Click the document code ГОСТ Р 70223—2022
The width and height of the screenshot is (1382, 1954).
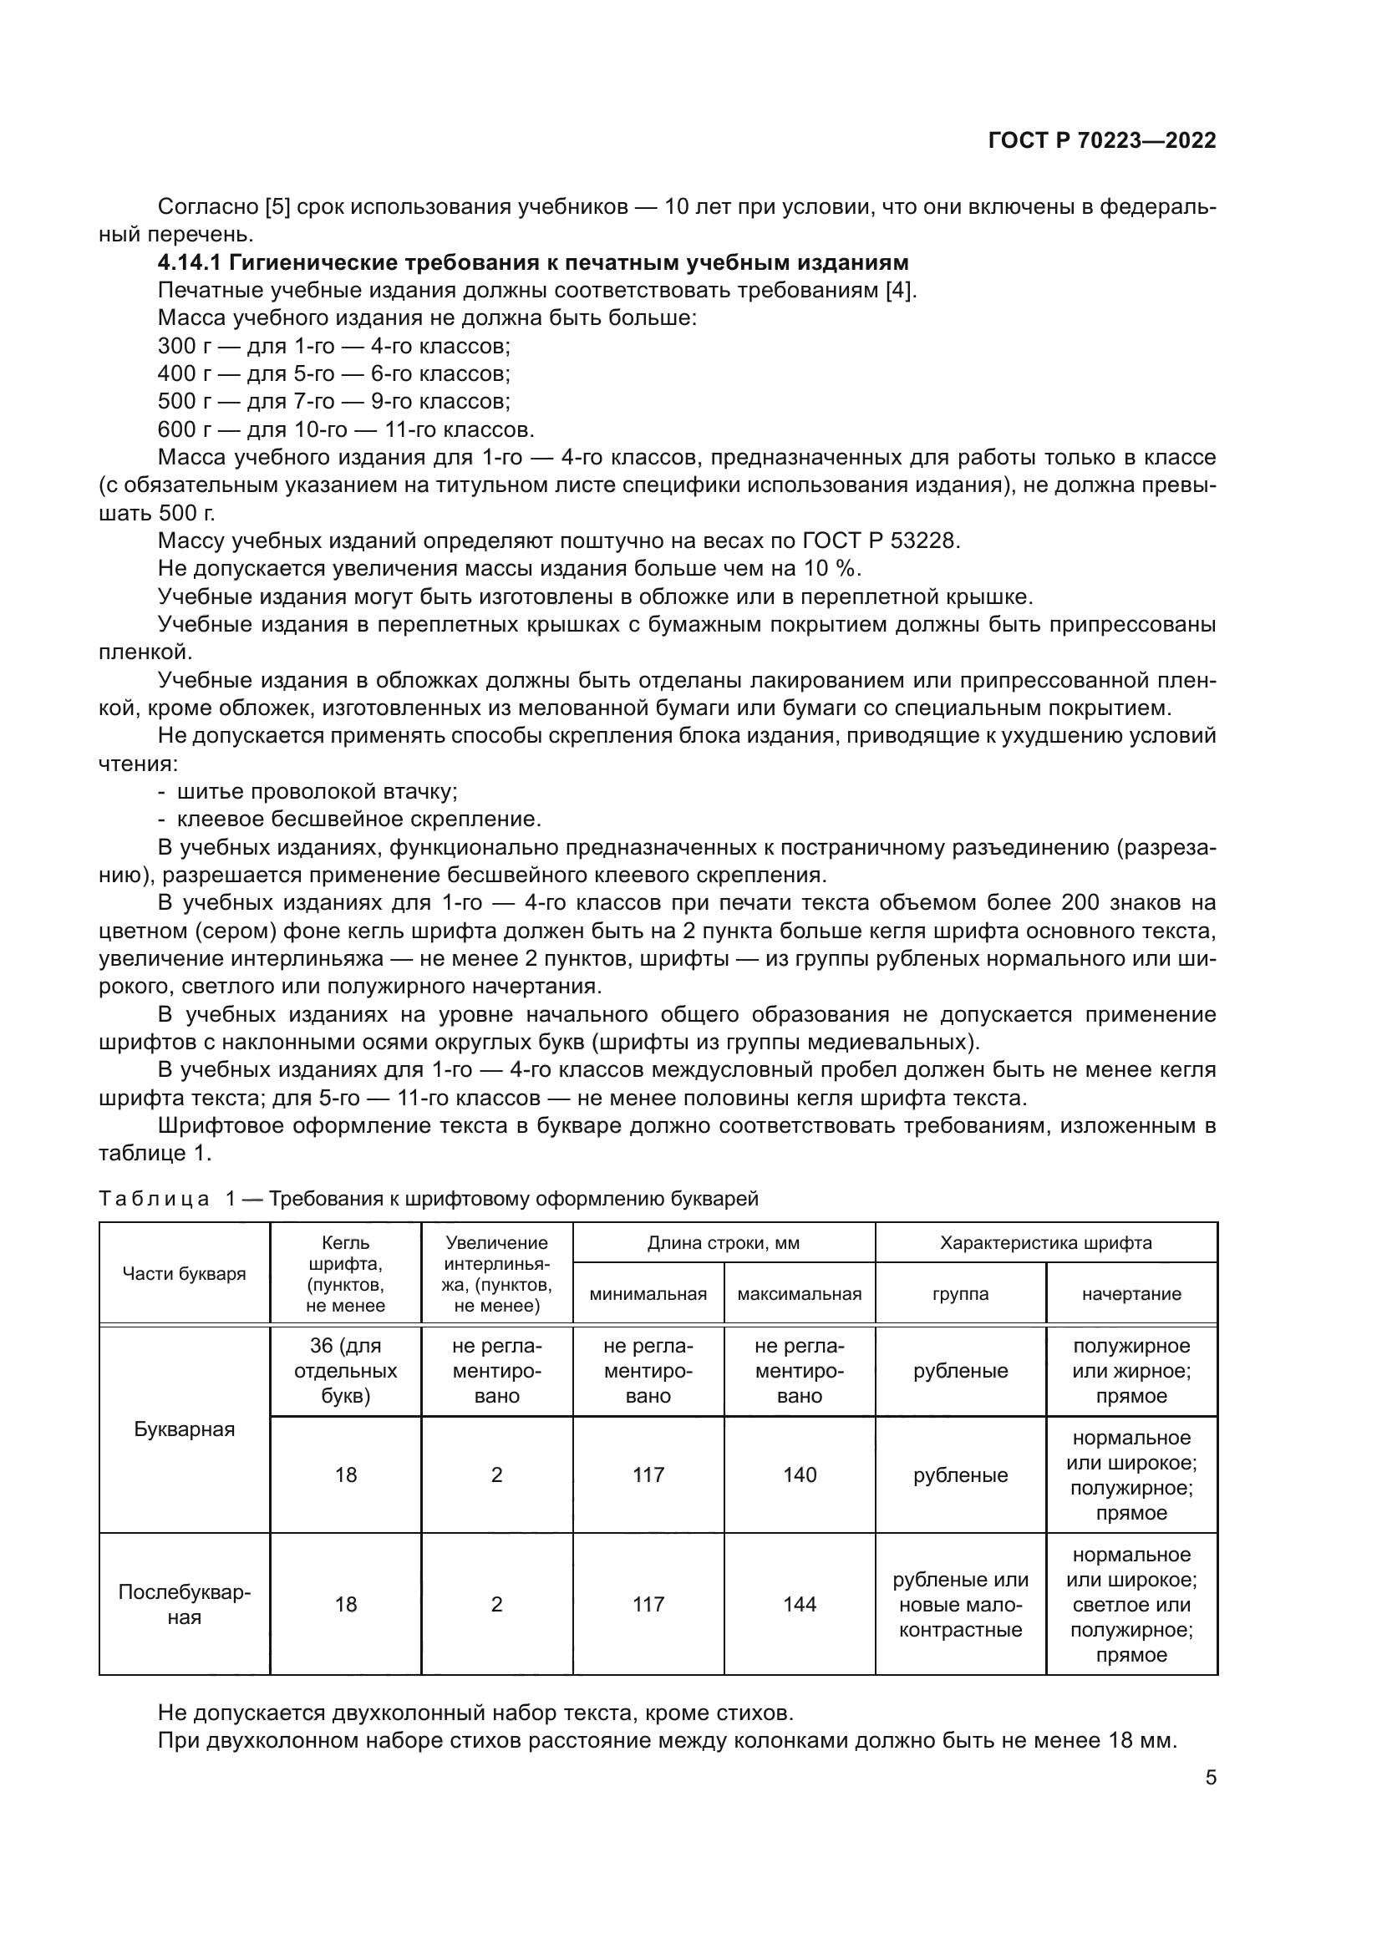[1101, 141]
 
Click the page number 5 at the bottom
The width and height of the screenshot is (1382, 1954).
[1210, 1777]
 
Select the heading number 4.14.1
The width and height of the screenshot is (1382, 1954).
[189, 262]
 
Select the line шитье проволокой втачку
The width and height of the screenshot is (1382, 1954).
[317, 791]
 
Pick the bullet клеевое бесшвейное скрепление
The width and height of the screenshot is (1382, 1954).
[358, 820]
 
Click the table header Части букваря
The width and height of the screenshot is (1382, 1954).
[184, 1274]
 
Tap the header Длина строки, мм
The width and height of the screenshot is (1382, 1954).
[724, 1243]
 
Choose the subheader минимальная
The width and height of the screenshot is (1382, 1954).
[648, 1294]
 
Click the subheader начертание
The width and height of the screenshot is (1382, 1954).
[1131, 1294]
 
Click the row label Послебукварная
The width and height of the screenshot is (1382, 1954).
[184, 1604]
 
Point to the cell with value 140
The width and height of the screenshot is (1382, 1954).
[799, 1474]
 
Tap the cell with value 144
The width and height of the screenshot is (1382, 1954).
[799, 1604]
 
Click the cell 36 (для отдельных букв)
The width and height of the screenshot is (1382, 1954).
[346, 1371]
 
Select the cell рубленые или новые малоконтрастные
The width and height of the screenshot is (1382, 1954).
[960, 1604]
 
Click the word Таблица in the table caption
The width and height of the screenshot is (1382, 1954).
[154, 1199]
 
